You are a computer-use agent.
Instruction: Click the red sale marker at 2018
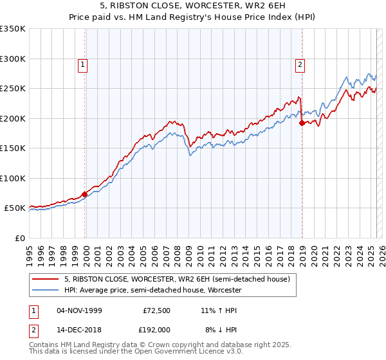pyautogui.click(x=302, y=123)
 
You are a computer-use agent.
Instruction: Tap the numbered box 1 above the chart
pyautogui.click(x=84, y=64)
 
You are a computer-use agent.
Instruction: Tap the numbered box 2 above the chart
pyautogui.click(x=300, y=64)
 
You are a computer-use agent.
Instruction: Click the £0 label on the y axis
pyautogui.click(x=19, y=238)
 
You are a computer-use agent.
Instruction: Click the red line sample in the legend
pyautogui.click(x=46, y=280)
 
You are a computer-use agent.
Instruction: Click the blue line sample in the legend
pyautogui.click(x=46, y=291)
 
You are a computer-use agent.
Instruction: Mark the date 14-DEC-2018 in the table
pyautogui.click(x=80, y=329)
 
